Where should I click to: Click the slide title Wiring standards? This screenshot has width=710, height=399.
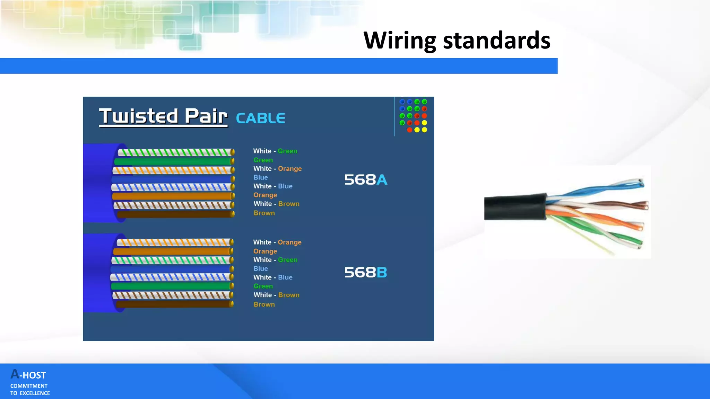click(457, 40)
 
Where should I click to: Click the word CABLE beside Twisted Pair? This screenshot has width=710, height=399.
click(260, 118)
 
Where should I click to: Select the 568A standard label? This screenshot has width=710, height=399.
click(365, 180)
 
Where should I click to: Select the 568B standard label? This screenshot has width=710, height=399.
click(365, 273)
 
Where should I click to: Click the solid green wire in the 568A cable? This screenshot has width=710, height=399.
click(173, 161)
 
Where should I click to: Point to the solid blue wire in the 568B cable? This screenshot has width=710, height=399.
click(172, 269)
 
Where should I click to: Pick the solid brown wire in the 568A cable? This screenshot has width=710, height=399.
click(175, 214)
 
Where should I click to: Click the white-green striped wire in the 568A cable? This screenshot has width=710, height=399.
click(175, 152)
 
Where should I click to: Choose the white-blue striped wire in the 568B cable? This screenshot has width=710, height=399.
click(172, 277)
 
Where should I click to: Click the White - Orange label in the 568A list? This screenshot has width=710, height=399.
click(277, 169)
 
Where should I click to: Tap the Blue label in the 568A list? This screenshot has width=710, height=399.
click(261, 177)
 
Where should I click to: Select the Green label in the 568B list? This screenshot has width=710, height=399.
click(263, 286)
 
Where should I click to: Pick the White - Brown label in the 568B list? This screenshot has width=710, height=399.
click(276, 295)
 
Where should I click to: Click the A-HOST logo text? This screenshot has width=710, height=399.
click(28, 375)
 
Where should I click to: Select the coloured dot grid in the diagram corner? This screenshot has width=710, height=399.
click(413, 116)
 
